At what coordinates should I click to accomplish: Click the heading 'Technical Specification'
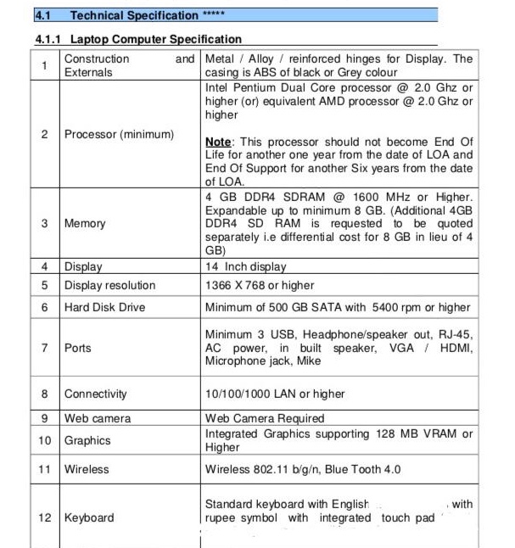click(x=134, y=15)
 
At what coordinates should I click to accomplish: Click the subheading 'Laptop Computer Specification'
click(x=156, y=39)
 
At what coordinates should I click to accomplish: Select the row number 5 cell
click(x=44, y=286)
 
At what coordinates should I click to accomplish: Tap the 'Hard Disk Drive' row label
click(x=104, y=308)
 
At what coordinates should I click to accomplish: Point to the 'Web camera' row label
click(x=98, y=418)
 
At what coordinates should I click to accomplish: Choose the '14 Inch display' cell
click(x=246, y=267)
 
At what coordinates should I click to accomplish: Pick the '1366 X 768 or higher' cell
click(x=260, y=286)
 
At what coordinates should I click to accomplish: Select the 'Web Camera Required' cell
click(x=265, y=418)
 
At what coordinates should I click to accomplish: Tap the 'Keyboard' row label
click(x=89, y=517)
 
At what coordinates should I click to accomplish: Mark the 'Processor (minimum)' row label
click(x=119, y=135)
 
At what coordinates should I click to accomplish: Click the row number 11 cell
click(x=44, y=469)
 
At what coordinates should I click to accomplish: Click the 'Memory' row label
click(x=85, y=224)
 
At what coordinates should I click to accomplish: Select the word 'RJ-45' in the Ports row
click(x=456, y=334)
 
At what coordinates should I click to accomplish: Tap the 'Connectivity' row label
click(x=96, y=394)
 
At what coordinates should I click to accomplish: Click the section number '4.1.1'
click(x=48, y=39)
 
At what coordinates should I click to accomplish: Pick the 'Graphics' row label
click(x=87, y=441)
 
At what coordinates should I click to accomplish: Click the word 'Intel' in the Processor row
click(x=218, y=87)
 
